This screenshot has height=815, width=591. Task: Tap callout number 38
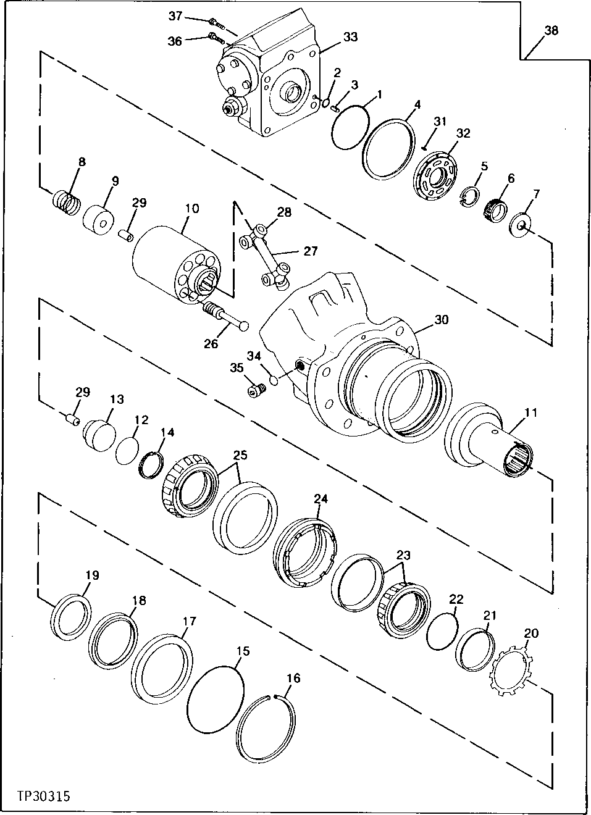click(551, 30)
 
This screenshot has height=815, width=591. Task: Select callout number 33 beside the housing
click(350, 37)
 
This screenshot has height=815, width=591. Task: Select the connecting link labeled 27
click(266, 253)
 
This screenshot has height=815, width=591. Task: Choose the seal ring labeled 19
click(70, 616)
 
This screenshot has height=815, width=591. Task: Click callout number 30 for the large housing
click(441, 320)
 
